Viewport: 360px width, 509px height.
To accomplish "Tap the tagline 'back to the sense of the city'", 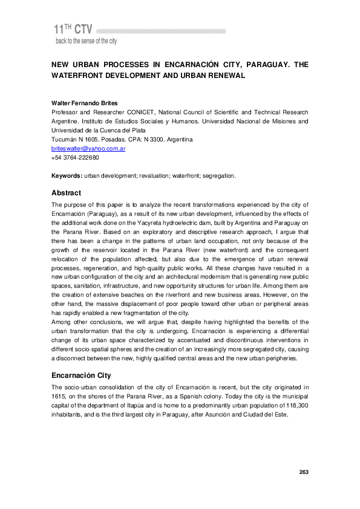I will pos(86,41).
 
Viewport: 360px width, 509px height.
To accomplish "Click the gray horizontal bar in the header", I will pos(160,30).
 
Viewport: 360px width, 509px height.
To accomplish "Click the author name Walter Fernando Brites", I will pos(84,103).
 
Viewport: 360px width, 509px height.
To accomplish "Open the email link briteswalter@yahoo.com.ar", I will pos(88,148).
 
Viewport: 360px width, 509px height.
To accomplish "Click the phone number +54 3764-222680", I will pos(76,157).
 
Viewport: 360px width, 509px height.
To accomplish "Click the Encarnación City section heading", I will pos(81,375).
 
